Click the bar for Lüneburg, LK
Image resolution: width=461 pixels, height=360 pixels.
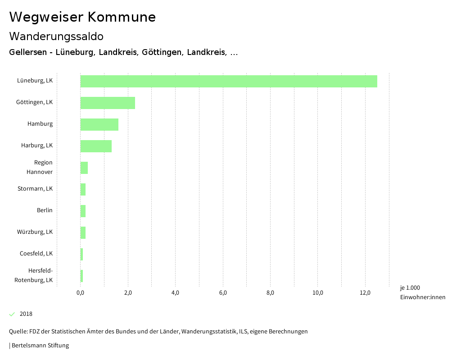(229, 81)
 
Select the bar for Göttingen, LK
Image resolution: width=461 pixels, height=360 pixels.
(108, 103)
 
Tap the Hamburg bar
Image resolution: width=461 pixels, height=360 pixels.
(99, 124)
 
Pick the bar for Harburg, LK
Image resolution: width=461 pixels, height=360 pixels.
(96, 146)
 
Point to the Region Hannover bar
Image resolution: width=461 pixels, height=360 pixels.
(84, 168)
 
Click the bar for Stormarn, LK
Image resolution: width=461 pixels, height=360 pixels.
(83, 189)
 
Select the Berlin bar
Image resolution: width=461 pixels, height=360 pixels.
(83, 211)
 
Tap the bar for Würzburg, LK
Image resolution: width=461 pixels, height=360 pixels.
(83, 232)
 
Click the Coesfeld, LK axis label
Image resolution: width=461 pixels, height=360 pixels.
(36, 253)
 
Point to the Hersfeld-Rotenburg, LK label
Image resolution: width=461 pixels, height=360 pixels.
(34, 275)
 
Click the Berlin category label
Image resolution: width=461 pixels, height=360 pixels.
(45, 210)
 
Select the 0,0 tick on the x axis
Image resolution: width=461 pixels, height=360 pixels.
(81, 293)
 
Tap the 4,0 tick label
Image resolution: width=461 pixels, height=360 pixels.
(176, 293)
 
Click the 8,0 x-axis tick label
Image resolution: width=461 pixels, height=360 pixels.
(271, 293)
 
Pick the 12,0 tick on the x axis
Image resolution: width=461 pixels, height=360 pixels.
(365, 293)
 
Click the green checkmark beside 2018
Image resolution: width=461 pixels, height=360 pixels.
(12, 314)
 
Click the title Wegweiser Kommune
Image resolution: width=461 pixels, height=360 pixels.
(82, 17)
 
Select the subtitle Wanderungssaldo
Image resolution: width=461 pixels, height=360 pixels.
(56, 36)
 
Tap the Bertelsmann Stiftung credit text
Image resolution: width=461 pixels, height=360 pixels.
(40, 346)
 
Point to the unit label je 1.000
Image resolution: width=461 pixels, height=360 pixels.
(410, 288)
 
